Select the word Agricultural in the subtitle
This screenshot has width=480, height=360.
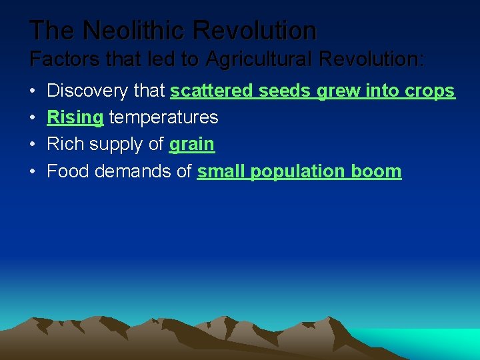click(x=263, y=59)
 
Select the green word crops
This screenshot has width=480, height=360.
click(x=429, y=91)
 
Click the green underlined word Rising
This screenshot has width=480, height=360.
click(x=75, y=118)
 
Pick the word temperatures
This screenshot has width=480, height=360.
click(x=163, y=118)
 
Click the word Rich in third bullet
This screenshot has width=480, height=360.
click(x=65, y=145)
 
